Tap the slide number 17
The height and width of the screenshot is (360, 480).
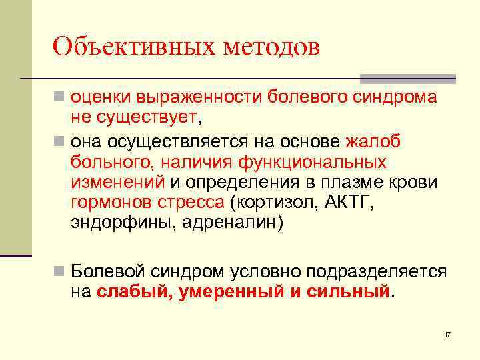point(447,333)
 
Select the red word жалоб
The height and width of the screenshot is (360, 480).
point(373,141)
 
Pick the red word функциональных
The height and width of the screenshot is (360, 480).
point(301,162)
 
